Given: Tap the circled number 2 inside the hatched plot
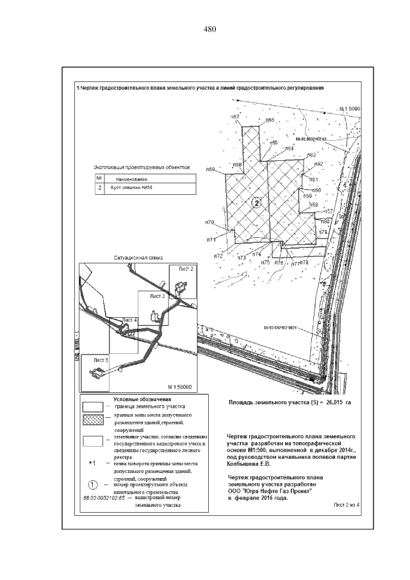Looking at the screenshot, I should point(257,203).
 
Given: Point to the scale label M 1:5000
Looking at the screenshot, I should point(350,109).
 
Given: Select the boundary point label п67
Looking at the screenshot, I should point(235,116).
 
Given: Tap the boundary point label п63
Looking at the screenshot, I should point(312,155).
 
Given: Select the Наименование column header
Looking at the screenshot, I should point(131,179).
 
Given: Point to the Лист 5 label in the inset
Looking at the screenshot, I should point(100,361).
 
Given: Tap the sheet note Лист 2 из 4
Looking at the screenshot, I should point(348,505).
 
